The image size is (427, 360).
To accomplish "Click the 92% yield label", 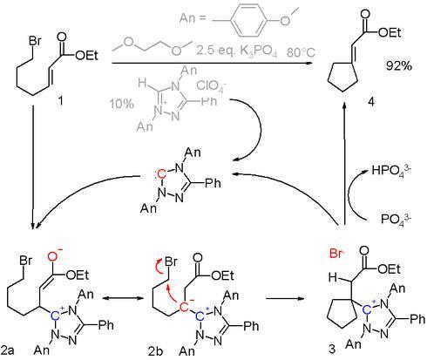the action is [399, 66].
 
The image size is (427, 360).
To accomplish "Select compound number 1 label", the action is [60, 101].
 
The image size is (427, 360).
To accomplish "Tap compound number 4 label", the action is [371, 102].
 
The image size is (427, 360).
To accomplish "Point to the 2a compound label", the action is [8, 350].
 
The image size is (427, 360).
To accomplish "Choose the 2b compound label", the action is [155, 351].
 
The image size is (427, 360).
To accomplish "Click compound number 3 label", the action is [332, 349].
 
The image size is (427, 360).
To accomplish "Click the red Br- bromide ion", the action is [336, 254].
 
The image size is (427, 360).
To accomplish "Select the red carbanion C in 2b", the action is [185, 306].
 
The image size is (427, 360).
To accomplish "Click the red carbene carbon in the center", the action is [161, 174].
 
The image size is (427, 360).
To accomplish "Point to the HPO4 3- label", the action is [391, 170].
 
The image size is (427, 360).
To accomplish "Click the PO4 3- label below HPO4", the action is [396, 219].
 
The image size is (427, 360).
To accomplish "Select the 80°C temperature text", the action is [302, 52].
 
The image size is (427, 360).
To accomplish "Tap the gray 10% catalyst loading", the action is [122, 104].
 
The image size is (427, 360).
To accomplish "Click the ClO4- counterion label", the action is [211, 86].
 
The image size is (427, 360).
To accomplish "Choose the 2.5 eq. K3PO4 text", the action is [236, 51].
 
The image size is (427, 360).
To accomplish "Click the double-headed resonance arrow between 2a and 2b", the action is [123, 298].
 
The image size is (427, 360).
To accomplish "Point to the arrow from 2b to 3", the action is [285, 298].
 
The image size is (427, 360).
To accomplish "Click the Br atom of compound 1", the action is [35, 41].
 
